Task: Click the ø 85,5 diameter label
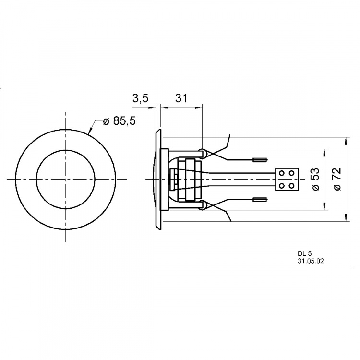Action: [119, 121]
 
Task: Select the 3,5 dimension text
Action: [141, 99]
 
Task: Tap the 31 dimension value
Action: [181, 99]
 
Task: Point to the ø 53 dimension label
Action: [316, 180]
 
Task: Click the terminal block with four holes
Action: [287, 179]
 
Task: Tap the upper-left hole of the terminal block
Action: [283, 174]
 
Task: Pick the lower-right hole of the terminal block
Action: [292, 185]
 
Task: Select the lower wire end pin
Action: [259, 199]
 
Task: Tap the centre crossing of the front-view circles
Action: [65, 179]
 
